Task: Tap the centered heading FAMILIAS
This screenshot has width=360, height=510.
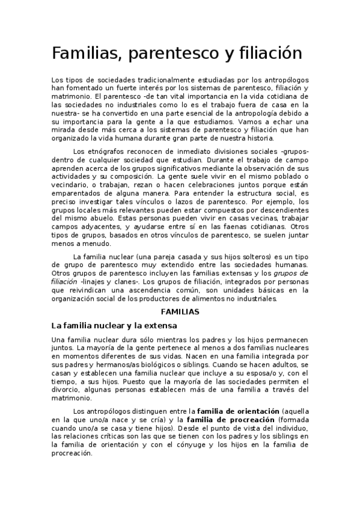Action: pyautogui.click(x=180, y=313)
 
